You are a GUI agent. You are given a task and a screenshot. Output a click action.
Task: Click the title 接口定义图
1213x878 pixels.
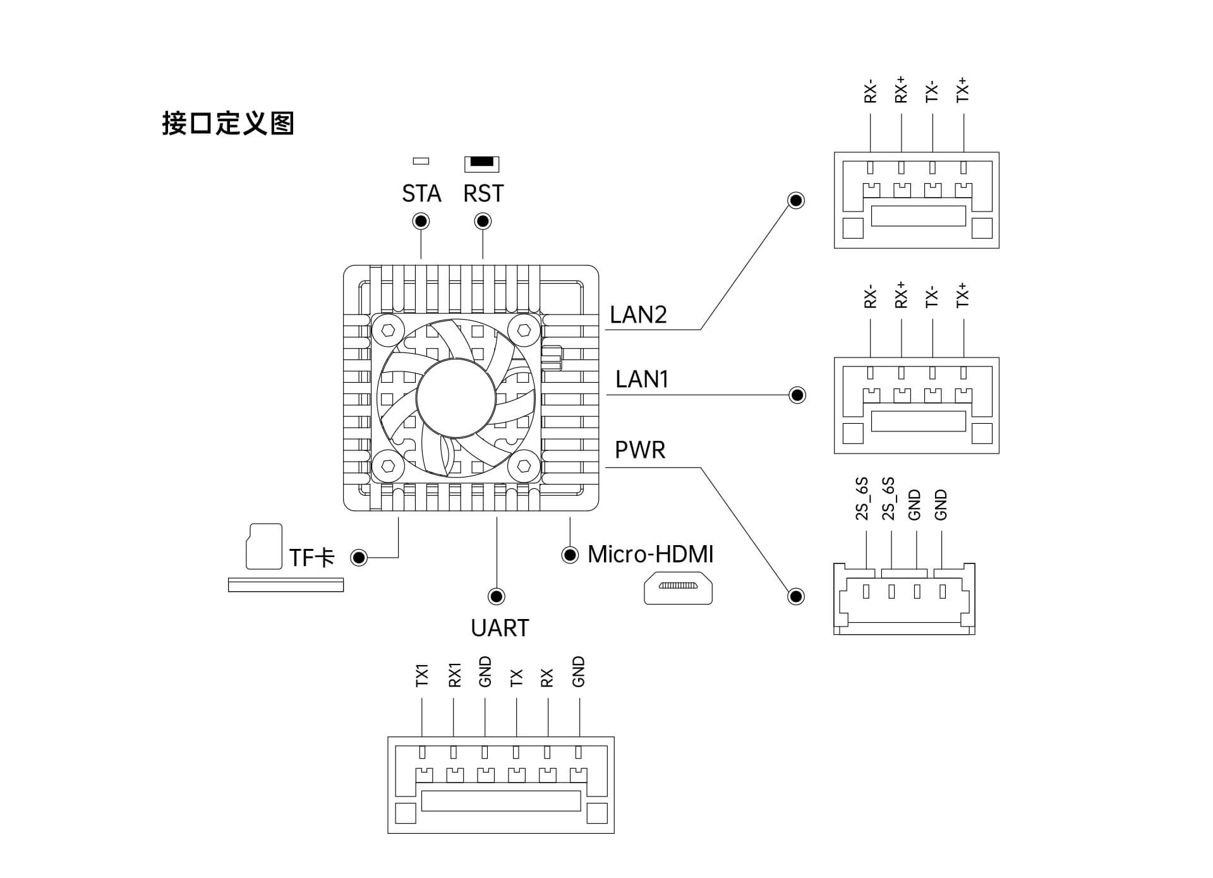point(228,123)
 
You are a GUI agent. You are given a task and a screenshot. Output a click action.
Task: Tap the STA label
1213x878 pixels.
point(421,193)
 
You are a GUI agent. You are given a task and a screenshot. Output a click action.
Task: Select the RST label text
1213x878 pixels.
point(483,193)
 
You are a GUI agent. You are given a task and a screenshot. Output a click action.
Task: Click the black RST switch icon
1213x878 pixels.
point(481,163)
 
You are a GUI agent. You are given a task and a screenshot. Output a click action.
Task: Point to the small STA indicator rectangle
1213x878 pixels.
point(421,161)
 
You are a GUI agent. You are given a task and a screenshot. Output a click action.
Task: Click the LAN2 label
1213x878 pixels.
point(638,315)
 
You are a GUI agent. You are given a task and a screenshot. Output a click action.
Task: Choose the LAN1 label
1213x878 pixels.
point(641,379)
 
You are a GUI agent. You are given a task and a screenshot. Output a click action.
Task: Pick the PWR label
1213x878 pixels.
point(640,450)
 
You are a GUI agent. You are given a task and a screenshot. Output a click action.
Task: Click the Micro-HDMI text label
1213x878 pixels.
point(650,555)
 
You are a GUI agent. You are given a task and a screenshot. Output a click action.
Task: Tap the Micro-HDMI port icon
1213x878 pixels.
point(678,588)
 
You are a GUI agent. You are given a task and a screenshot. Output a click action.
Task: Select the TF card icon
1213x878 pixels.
point(263,546)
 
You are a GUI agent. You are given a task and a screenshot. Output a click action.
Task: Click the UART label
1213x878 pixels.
point(500,628)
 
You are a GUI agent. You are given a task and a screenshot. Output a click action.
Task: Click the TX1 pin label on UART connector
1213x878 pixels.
point(422,675)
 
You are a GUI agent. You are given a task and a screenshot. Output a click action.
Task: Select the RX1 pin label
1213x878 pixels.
point(454,675)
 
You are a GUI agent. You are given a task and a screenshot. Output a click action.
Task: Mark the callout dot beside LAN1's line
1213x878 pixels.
point(797,395)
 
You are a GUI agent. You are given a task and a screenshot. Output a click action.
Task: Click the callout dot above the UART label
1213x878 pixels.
point(497,596)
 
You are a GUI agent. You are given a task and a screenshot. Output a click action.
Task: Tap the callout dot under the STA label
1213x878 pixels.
point(421,221)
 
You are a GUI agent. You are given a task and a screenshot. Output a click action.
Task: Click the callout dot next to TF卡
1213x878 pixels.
point(359,557)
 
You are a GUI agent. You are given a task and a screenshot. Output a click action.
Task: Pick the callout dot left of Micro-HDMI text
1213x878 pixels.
point(570,555)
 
